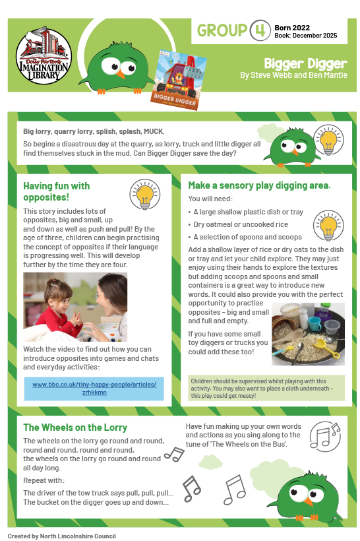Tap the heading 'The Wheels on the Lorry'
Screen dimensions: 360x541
click(75, 428)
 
